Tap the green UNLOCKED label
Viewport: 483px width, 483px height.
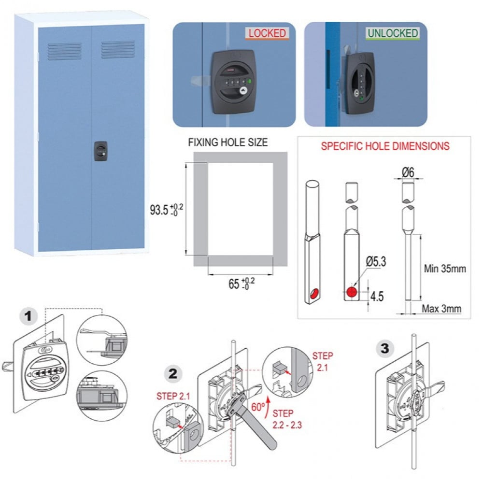[392, 33]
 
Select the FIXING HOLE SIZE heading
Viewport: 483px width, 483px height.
[227, 142]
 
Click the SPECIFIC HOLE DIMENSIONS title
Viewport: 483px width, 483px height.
[385, 146]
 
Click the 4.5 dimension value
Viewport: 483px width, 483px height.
[377, 296]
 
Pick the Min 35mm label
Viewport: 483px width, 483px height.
[444, 269]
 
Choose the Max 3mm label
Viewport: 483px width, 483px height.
[441, 308]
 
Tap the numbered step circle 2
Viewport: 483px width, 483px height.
[173, 373]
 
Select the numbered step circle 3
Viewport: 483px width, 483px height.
[384, 348]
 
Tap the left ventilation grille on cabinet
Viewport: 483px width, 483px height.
[64, 50]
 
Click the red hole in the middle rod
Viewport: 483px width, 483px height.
[352, 292]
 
